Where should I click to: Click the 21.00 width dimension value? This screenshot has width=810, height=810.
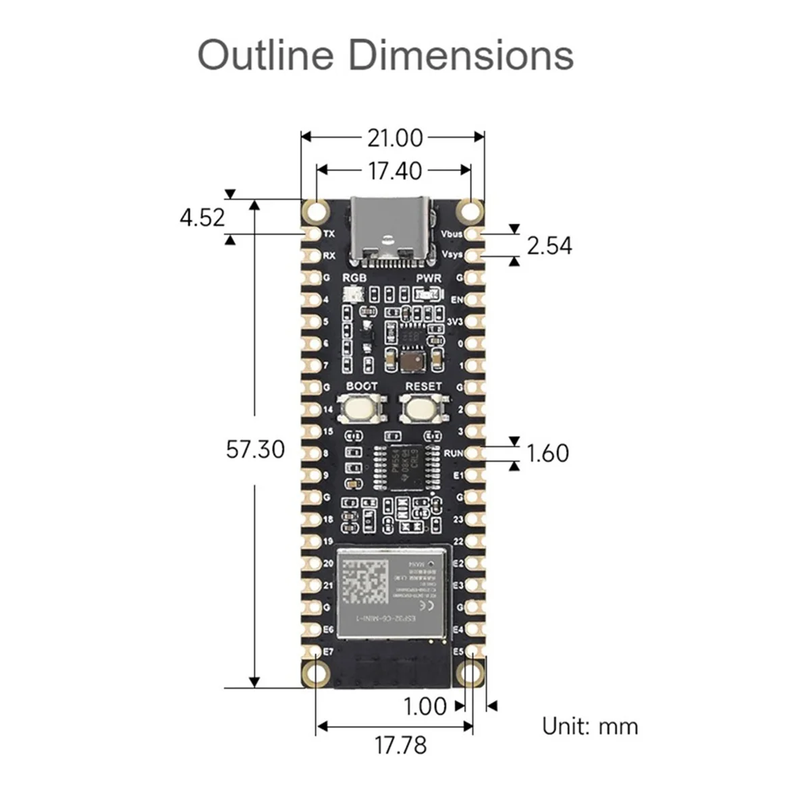click(x=395, y=138)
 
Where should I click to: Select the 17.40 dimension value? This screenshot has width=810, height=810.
click(x=395, y=171)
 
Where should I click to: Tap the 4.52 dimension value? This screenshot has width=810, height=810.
click(x=202, y=217)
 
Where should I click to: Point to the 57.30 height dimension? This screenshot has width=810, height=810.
click(x=255, y=449)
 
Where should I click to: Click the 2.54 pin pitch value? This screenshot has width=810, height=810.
click(x=549, y=246)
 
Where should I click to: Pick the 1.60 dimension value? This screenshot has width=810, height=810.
click(x=547, y=453)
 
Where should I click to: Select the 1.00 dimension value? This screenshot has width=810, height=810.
click(x=425, y=706)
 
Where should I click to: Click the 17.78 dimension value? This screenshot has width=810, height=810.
click(x=400, y=745)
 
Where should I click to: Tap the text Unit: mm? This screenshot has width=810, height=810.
click(x=590, y=726)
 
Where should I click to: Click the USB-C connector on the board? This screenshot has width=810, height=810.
click(x=390, y=230)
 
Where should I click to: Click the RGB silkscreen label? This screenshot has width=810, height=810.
click(x=354, y=278)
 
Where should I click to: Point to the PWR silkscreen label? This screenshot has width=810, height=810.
click(x=428, y=278)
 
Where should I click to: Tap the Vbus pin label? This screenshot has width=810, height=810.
click(x=452, y=234)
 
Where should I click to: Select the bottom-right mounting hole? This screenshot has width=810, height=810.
click(x=470, y=674)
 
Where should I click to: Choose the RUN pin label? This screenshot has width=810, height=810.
click(x=453, y=453)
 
